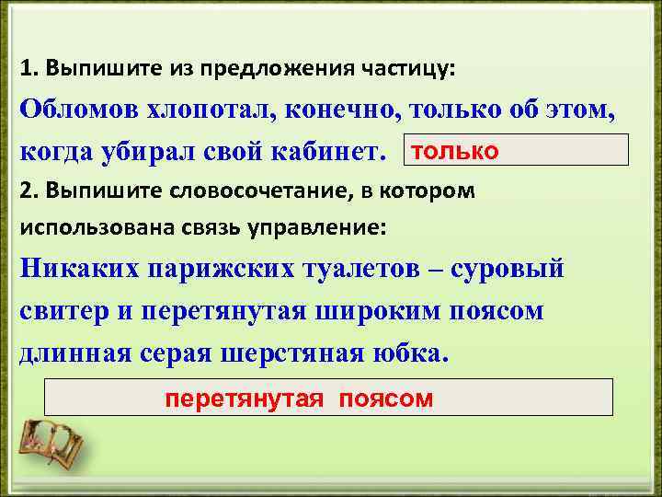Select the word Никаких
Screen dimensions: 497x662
pos(73,269)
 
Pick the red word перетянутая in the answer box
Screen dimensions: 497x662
pos(244,399)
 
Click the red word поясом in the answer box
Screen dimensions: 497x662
pos(385,399)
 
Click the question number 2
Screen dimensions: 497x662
pos(25,191)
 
